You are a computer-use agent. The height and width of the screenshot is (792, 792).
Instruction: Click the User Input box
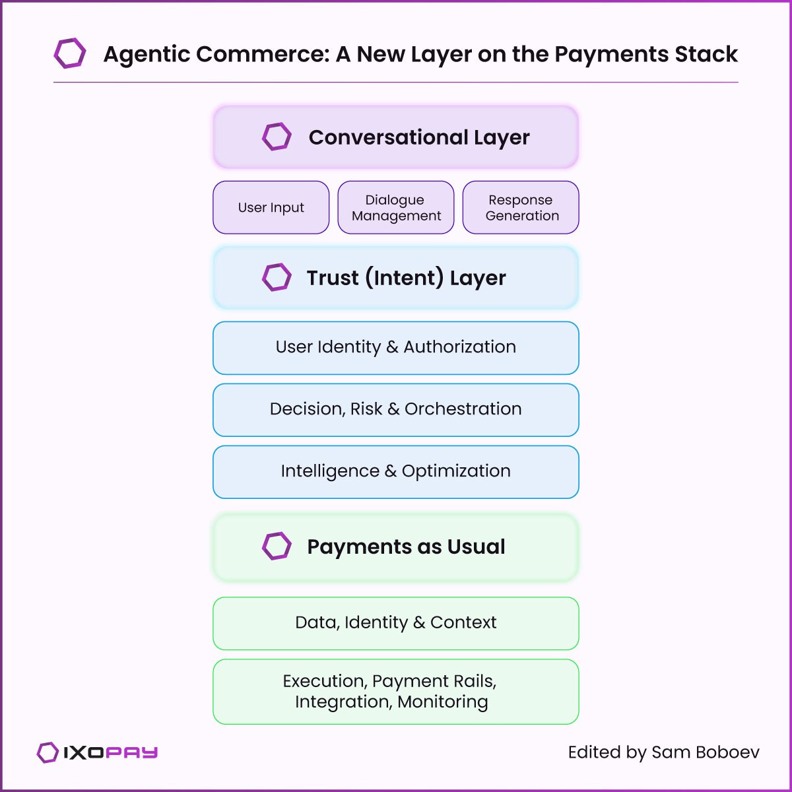[271, 207]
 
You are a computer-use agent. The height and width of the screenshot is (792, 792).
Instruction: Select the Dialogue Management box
[396, 207]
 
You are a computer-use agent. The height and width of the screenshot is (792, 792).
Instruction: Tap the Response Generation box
[521, 207]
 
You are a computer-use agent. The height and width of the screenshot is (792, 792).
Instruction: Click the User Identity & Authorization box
[396, 347]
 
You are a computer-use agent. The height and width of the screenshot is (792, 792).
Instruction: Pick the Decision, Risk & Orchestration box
[396, 409]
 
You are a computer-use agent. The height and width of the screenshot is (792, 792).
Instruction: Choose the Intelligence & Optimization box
[396, 471]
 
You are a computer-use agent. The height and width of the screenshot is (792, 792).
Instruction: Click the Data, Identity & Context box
[396, 623]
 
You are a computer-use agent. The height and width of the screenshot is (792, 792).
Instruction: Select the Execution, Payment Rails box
[396, 691]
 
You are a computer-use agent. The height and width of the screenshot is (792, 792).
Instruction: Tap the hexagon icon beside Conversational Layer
[277, 137]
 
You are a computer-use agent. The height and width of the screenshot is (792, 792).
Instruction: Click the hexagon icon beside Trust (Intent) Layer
[277, 277]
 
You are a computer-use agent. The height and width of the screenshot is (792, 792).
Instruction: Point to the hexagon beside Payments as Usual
[277, 546]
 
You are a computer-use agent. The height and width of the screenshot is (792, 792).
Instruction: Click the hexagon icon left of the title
[70, 53]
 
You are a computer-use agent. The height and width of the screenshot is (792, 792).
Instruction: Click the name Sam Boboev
[705, 752]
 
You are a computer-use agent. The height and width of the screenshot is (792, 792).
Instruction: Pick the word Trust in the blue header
[333, 278]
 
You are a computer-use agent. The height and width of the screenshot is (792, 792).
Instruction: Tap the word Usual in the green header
[476, 547]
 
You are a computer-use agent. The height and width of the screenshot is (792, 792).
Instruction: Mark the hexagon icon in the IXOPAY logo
[48, 752]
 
